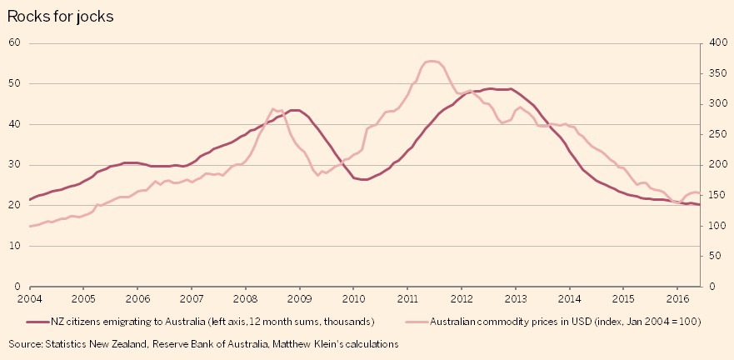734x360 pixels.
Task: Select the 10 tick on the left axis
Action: pyautogui.click(x=14, y=246)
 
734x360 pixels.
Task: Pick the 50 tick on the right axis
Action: pyautogui.click(x=717, y=256)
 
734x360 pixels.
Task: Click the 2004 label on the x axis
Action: pyautogui.click(x=29, y=297)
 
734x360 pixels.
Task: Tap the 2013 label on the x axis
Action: pyautogui.click(x=516, y=297)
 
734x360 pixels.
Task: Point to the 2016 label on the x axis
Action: pyautogui.click(x=677, y=297)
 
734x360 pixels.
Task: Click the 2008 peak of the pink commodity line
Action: pyautogui.click(x=275, y=109)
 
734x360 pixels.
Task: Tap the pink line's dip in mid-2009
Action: pyautogui.click(x=318, y=175)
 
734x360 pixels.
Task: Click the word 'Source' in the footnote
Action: pyautogui.click(x=26, y=343)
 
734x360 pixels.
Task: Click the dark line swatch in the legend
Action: pyautogui.click(x=37, y=321)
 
